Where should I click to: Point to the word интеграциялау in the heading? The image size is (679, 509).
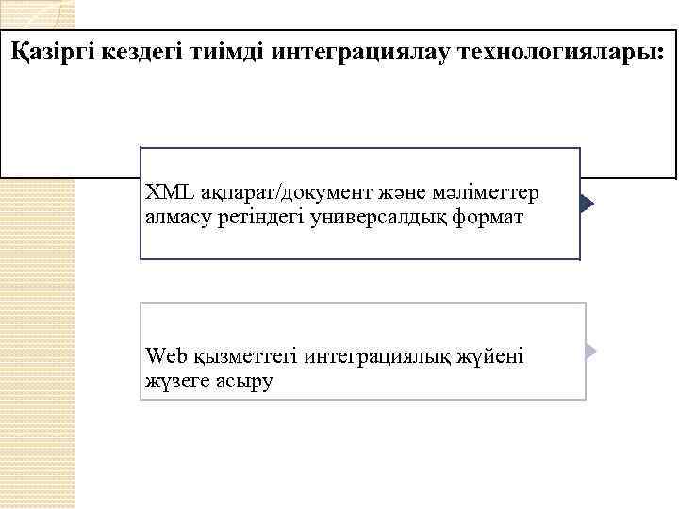pyautogui.click(x=358, y=52)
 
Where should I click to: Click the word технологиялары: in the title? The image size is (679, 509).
pyautogui.click(x=563, y=52)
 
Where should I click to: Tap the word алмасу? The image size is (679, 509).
pyautogui.click(x=175, y=218)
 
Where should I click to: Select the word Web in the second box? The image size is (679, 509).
pyautogui.click(x=167, y=356)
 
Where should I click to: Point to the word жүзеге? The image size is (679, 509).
pyautogui.click(x=174, y=381)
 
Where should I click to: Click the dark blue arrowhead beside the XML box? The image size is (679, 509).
pyautogui.click(x=588, y=204)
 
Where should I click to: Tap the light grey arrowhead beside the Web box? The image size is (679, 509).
pyautogui.click(x=591, y=352)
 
